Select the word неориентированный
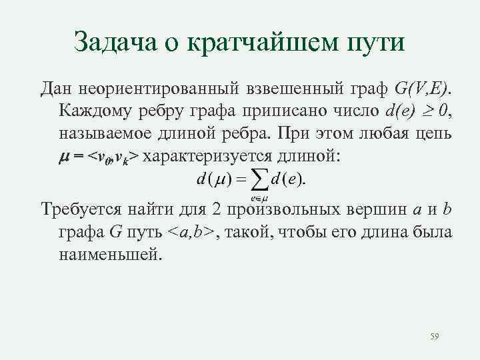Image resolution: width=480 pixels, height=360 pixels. pos(144,89)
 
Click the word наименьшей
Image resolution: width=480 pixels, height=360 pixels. pos(110,254)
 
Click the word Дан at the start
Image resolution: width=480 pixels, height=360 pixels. pos(55,89)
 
